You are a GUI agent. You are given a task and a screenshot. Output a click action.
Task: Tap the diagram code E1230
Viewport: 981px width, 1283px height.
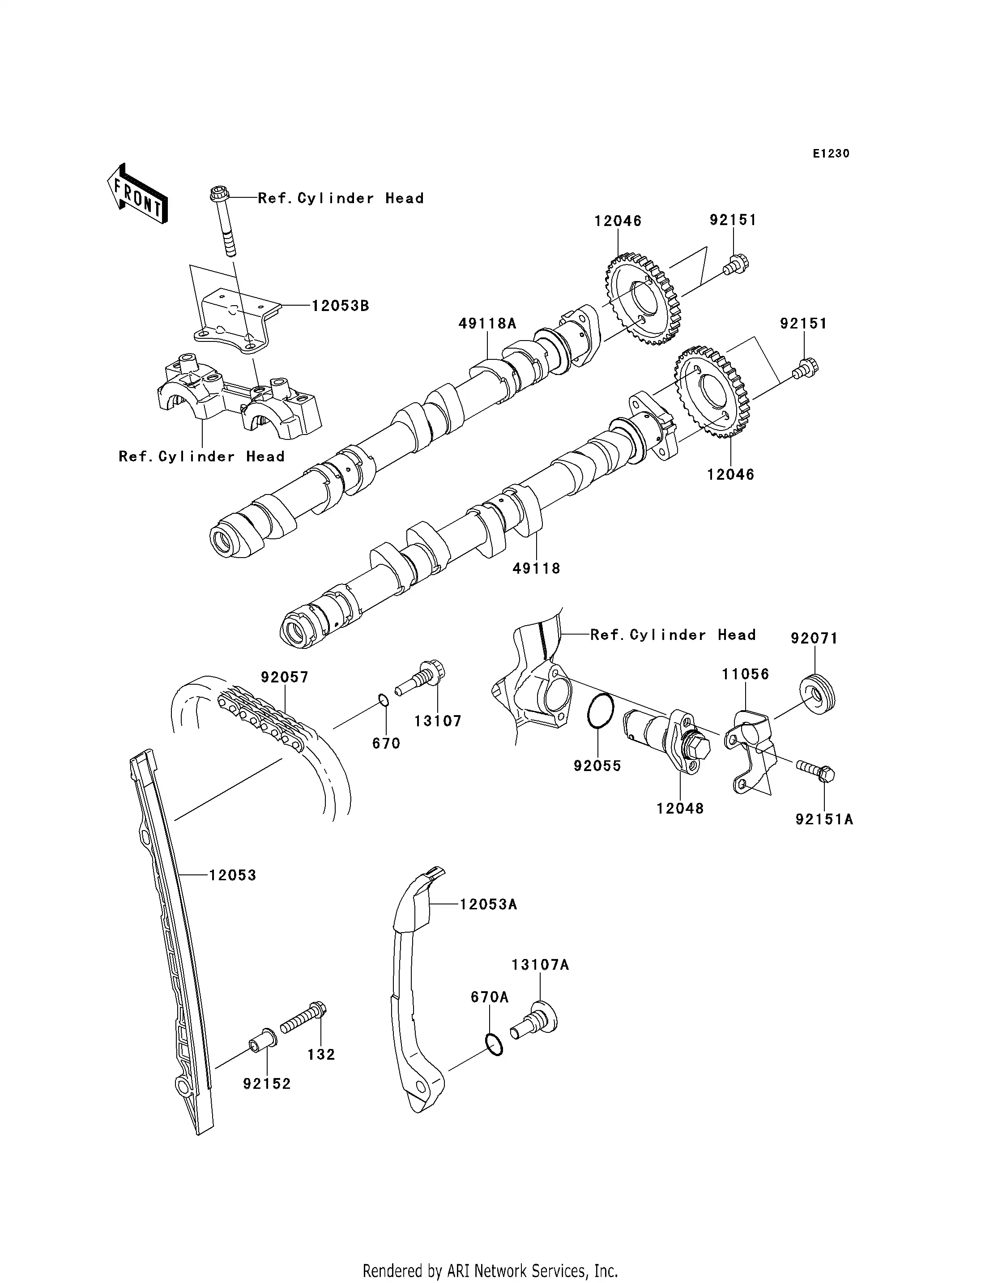pos(831,153)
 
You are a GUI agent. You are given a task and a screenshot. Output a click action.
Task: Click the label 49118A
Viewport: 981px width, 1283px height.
pos(487,324)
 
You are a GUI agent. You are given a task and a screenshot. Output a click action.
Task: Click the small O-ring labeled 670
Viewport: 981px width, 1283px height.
pos(383,699)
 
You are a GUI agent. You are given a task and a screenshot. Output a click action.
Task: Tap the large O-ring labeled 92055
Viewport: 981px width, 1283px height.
pos(600,711)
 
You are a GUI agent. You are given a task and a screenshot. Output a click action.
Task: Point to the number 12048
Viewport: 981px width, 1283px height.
pos(680,809)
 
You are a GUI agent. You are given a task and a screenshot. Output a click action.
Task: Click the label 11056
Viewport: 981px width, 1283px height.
pos(745,674)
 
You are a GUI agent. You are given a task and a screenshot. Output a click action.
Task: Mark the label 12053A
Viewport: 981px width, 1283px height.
pos(488,904)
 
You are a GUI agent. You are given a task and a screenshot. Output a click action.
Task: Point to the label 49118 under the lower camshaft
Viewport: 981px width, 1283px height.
pos(536,568)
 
